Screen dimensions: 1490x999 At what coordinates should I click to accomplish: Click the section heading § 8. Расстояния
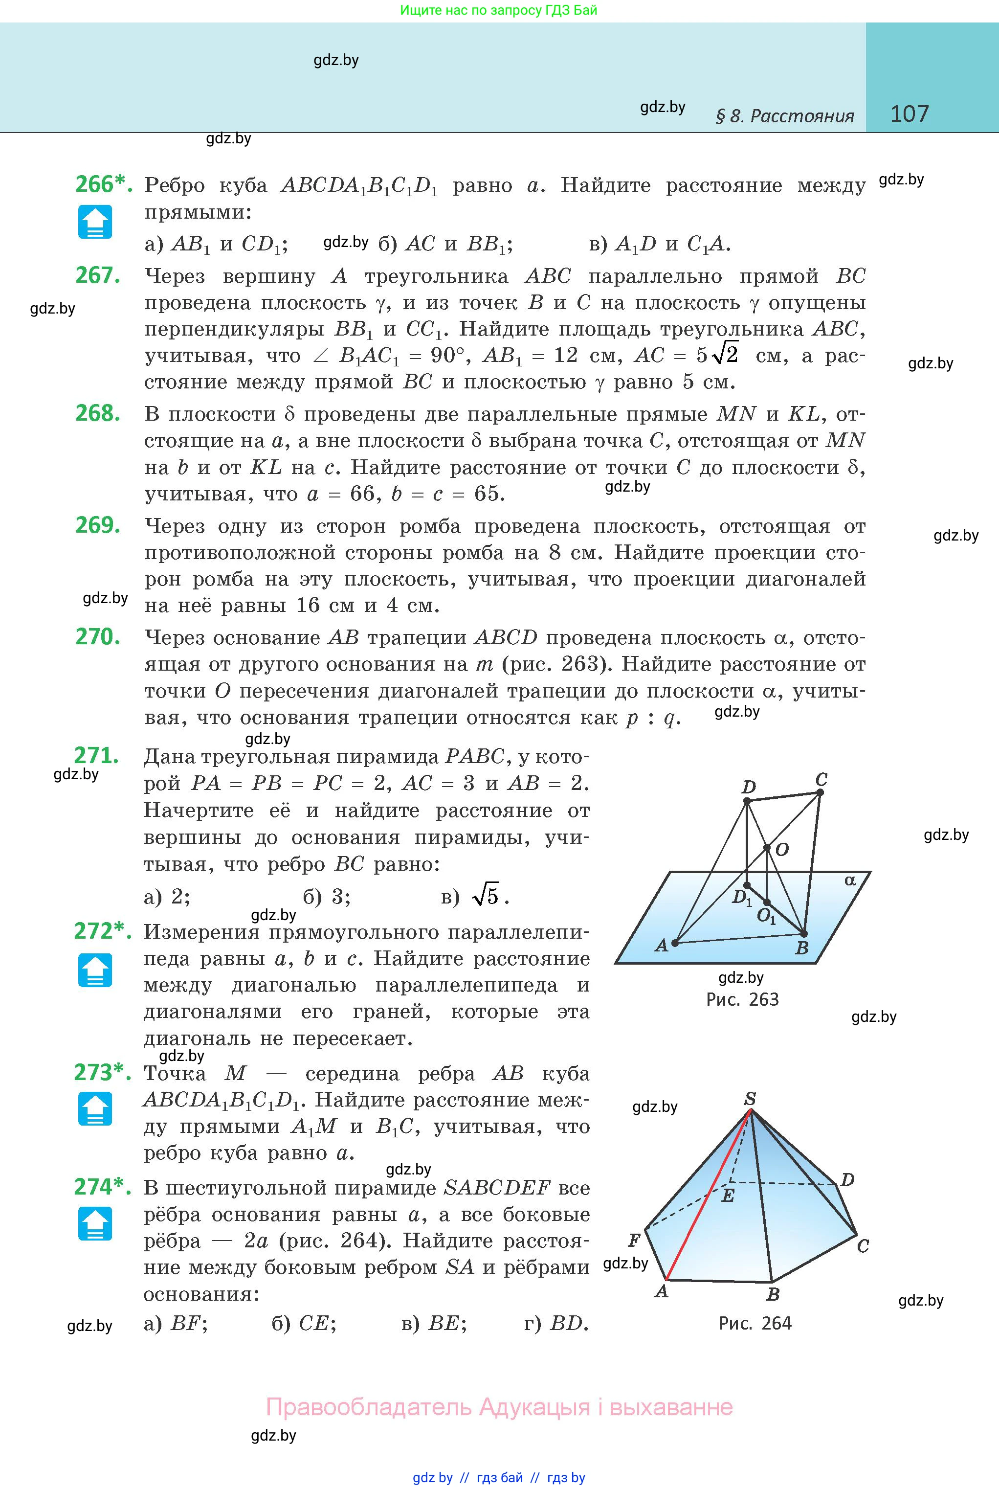coord(785,116)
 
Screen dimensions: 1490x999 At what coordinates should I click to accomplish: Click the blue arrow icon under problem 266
coord(95,222)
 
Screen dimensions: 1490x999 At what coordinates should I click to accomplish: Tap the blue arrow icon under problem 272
coord(95,970)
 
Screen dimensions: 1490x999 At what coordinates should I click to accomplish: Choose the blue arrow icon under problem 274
coord(95,1223)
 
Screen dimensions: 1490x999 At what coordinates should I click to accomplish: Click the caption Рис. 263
coord(742,999)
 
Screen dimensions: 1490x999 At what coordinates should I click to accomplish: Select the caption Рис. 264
coord(755,1323)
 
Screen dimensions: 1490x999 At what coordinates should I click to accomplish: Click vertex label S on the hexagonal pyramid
coord(750,1099)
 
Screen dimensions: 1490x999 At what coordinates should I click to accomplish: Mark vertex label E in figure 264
coord(728,1196)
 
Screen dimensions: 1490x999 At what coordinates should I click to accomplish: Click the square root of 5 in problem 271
coord(488,896)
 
